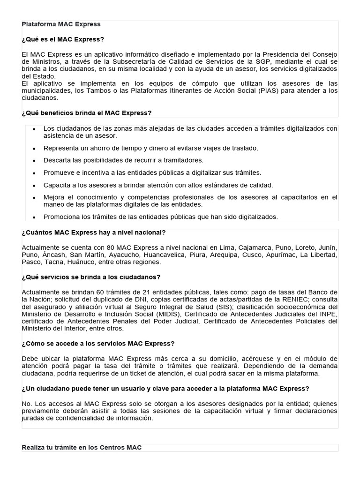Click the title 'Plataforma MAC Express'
pyautogui.click(x=61, y=24)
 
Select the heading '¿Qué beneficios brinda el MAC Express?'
pyautogui.click(x=87, y=113)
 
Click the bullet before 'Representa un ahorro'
pyautogui.click(x=34, y=149)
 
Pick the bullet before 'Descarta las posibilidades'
pyautogui.click(x=34, y=161)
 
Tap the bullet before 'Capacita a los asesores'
pyautogui.click(x=34, y=186)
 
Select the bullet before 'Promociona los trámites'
pyautogui.click(x=34, y=217)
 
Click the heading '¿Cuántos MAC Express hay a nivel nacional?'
pyautogui.click(x=94, y=232)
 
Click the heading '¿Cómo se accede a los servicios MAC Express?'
pyautogui.click(x=98, y=344)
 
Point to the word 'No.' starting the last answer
pyautogui.click(x=27, y=404)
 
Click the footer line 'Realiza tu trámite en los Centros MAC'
pyautogui.click(x=82, y=448)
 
